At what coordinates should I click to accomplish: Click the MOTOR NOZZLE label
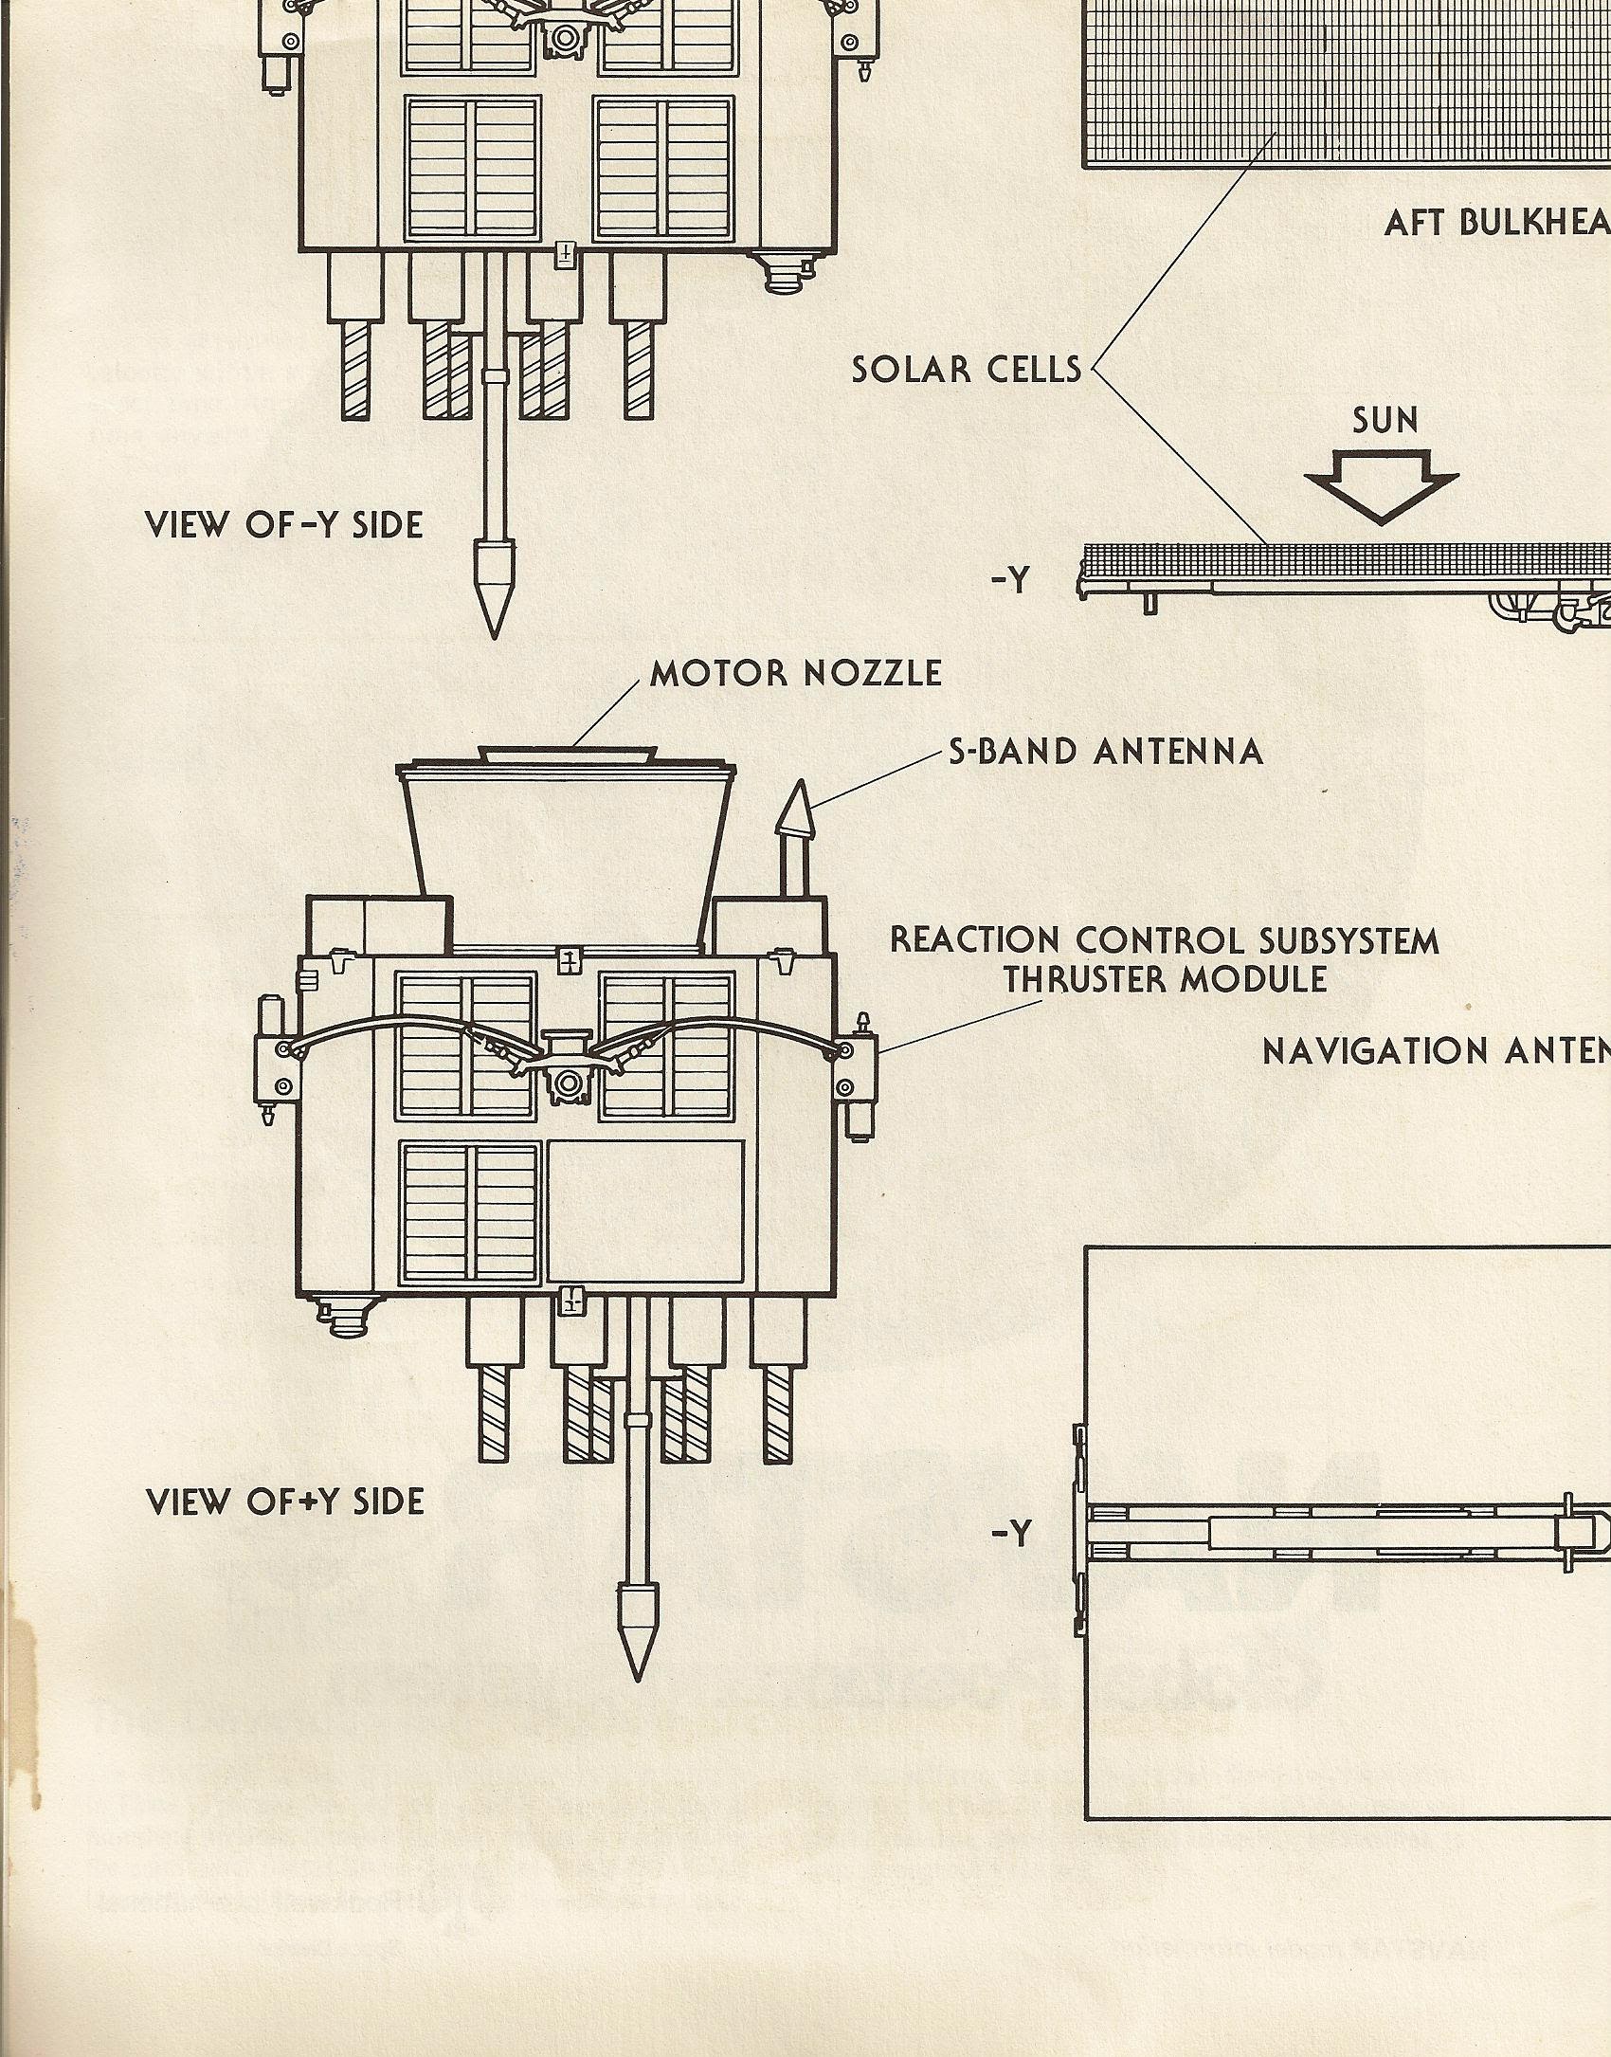(796, 673)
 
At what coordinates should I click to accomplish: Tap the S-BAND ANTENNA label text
(1106, 752)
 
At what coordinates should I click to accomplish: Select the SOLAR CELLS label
(967, 369)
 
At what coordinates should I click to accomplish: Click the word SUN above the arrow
(1385, 419)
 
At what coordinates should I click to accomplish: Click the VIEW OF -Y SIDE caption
(284, 525)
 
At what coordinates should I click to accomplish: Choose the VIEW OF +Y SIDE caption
(285, 1502)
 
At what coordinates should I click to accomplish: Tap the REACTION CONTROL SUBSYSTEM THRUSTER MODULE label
(1164, 959)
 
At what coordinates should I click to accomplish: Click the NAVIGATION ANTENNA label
(1436, 1051)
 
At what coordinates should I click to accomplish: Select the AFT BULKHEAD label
(1496, 223)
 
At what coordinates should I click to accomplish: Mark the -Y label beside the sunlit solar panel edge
(1011, 581)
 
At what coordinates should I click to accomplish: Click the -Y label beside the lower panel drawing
(1011, 1533)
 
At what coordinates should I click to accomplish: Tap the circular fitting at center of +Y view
(569, 1082)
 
